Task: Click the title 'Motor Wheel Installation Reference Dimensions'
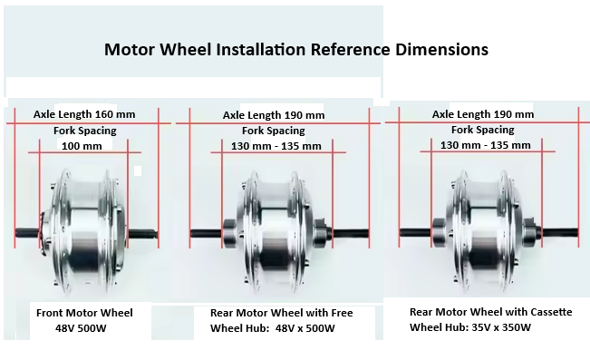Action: coord(295,49)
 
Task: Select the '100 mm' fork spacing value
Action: coord(82,145)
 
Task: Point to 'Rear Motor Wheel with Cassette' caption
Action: coord(490,312)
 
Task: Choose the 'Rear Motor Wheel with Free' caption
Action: coord(281,313)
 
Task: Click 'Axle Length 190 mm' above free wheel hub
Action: coord(273,116)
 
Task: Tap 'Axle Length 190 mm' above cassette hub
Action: coord(482,114)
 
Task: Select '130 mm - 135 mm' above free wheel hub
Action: coord(276,146)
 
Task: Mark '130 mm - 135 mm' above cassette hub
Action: coord(485,145)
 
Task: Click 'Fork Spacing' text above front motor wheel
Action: coord(83,131)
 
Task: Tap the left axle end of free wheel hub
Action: coord(195,234)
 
